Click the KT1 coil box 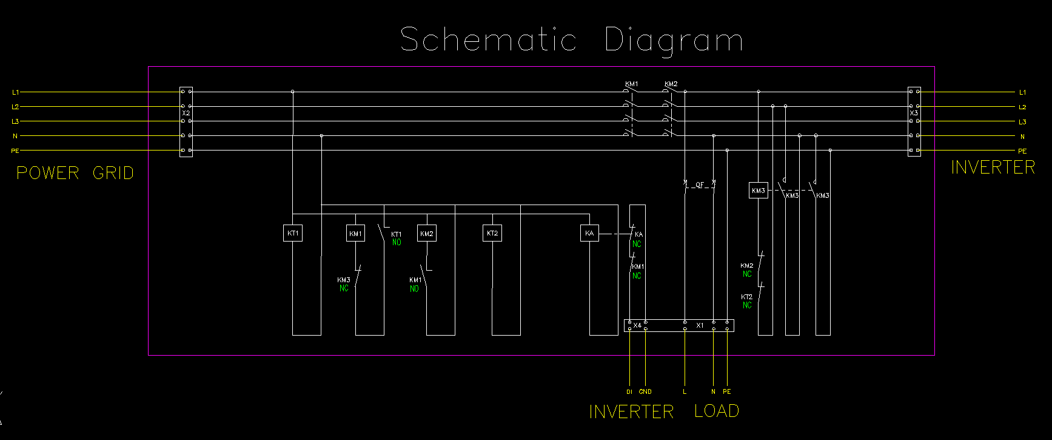(293, 234)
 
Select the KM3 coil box (759, 191)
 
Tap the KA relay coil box (589, 234)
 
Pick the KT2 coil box (492, 234)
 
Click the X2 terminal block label (186, 113)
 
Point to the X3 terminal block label (914, 113)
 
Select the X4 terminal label (637, 325)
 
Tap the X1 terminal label (700, 325)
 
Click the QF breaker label (700, 185)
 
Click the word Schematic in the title (488, 39)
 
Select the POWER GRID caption (75, 173)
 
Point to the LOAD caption (717, 411)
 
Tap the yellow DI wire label (629, 392)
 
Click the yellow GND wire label (645, 392)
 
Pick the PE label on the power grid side (15, 151)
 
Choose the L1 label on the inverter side (1022, 92)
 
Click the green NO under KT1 (397, 243)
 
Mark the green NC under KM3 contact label (344, 289)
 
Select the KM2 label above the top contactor (671, 84)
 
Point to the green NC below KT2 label (747, 305)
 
